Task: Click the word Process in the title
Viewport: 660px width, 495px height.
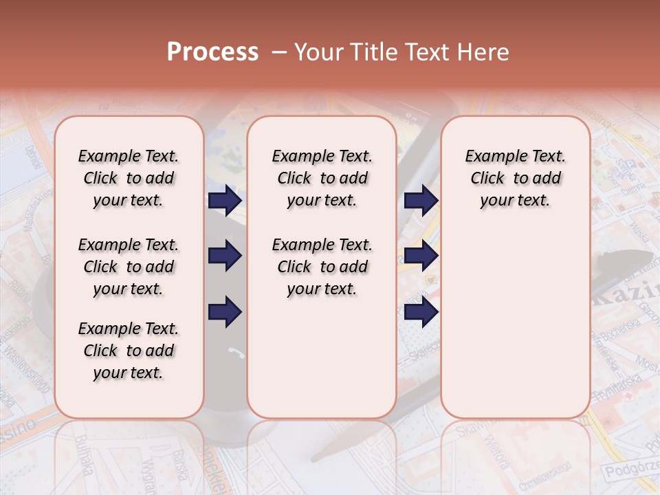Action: (212, 52)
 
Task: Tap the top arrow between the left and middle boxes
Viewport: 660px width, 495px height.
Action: (225, 200)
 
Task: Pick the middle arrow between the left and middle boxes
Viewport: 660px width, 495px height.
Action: (225, 256)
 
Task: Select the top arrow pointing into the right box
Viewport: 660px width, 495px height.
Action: (421, 200)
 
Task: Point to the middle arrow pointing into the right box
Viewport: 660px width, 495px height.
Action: (421, 256)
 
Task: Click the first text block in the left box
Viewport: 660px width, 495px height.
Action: (129, 178)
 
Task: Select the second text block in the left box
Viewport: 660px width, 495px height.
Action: (129, 267)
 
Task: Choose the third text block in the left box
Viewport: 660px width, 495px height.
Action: (129, 351)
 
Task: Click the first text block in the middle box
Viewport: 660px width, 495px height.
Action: (322, 178)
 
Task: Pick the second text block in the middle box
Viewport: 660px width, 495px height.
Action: (322, 267)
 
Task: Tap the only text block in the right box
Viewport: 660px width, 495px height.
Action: (516, 178)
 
